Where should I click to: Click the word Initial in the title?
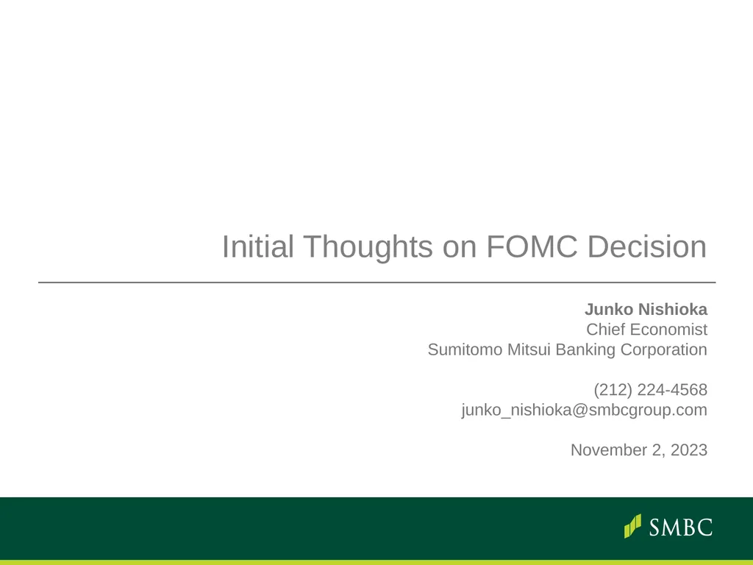click(x=257, y=247)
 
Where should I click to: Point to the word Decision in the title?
click(x=647, y=247)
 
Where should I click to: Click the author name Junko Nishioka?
click(x=646, y=309)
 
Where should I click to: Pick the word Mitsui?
click(x=529, y=349)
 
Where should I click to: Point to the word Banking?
click(x=585, y=349)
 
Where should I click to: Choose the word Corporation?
click(x=664, y=349)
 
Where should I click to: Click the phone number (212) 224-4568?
click(x=650, y=389)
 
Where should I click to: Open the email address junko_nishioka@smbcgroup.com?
click(x=584, y=410)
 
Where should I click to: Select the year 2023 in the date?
click(x=689, y=449)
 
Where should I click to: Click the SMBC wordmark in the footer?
click(x=681, y=527)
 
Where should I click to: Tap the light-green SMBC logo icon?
click(x=632, y=526)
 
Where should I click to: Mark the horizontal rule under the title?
click(x=376, y=282)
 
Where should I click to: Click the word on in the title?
click(x=460, y=247)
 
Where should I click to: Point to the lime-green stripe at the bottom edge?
click(x=376, y=562)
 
